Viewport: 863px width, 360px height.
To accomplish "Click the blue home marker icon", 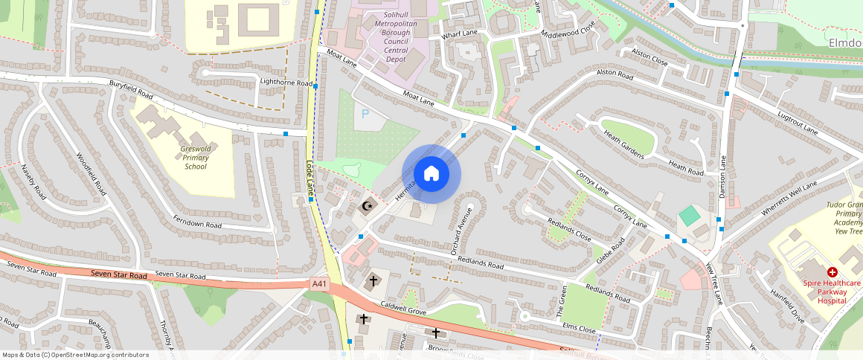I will click(x=431, y=175).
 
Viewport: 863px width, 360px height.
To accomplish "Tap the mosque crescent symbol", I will click(x=366, y=206).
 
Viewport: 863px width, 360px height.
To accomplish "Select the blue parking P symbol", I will click(x=365, y=114).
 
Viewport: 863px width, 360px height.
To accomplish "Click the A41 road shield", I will click(x=319, y=283).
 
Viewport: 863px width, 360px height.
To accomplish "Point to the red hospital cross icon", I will click(x=832, y=273).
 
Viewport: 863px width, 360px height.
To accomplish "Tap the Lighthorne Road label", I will click(x=286, y=83).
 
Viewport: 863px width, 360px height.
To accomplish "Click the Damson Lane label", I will click(x=721, y=176).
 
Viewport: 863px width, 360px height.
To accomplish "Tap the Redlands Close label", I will click(x=569, y=231).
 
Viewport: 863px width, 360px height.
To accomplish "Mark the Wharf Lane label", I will click(x=459, y=33).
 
